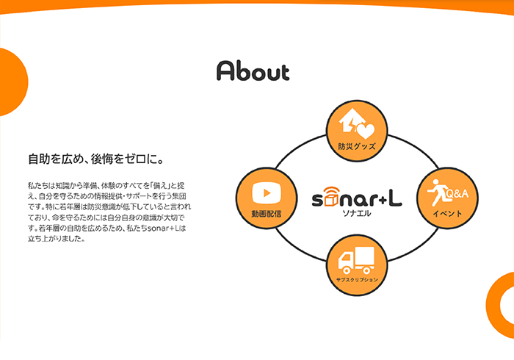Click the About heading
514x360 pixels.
pyautogui.click(x=253, y=71)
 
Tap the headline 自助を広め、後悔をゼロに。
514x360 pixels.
pyautogui.click(x=95, y=159)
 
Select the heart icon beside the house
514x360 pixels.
pyautogui.click(x=366, y=131)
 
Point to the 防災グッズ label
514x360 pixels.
pyautogui.click(x=357, y=146)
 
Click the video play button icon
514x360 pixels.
pyautogui.click(x=267, y=192)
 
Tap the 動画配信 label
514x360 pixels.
pyautogui.click(x=266, y=214)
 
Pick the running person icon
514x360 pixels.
pyautogui.click(x=436, y=192)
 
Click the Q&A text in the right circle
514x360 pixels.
pyautogui.click(x=457, y=194)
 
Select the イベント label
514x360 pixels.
pyautogui.click(x=447, y=214)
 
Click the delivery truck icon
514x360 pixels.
pyautogui.click(x=356, y=260)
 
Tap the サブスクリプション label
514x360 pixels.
pyautogui.click(x=357, y=280)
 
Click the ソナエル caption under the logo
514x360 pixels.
pyautogui.click(x=357, y=214)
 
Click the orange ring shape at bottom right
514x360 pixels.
pyautogui.click(x=493, y=305)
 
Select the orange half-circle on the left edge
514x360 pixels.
pyautogui.click(x=13, y=82)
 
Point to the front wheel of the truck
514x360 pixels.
pyautogui.click(x=346, y=270)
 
